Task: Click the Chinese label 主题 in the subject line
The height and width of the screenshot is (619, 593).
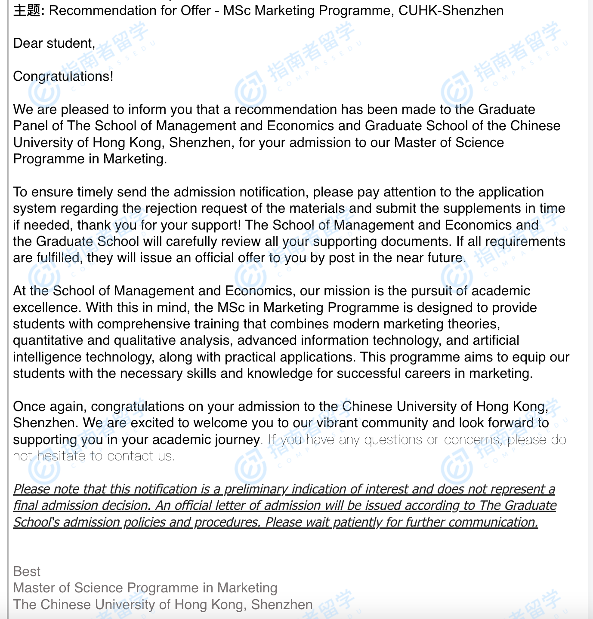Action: click(x=27, y=10)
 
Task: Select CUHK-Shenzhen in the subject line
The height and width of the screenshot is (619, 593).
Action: click(x=451, y=10)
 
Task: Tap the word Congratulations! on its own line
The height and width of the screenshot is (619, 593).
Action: click(x=63, y=77)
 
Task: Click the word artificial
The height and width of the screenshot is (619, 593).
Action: click(x=496, y=340)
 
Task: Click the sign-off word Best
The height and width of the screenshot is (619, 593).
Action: click(x=27, y=572)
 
